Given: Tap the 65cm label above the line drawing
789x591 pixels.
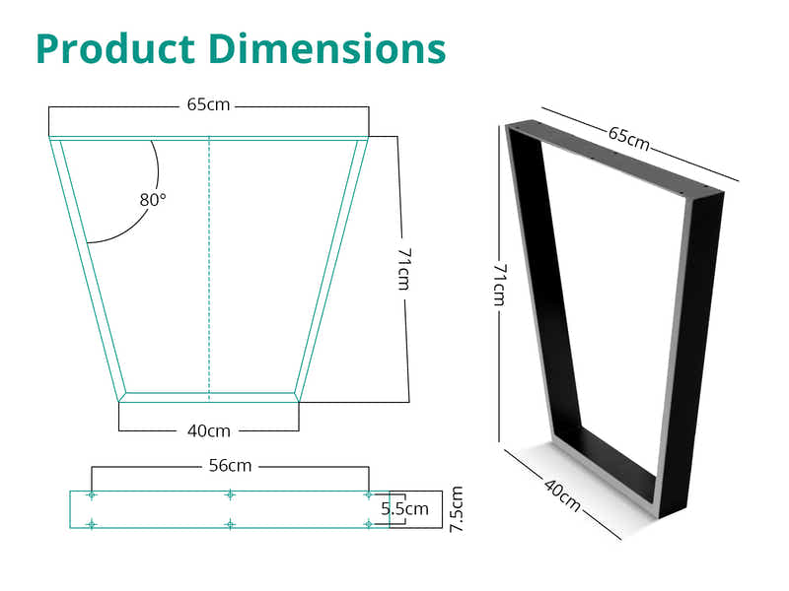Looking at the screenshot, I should tap(208, 104).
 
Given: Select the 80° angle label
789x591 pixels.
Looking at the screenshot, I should tap(153, 199).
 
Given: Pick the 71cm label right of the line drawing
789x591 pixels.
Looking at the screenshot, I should tap(403, 268).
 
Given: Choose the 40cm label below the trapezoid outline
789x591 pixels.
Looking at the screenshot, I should tap(208, 430).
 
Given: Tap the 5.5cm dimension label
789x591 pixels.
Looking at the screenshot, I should tap(405, 509).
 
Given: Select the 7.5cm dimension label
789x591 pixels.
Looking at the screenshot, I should tap(456, 509).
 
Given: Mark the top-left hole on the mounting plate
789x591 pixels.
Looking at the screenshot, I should tap(92, 494).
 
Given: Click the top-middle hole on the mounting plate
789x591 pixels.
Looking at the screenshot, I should tap(229, 494).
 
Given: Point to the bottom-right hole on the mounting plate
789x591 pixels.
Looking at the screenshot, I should tap(367, 524).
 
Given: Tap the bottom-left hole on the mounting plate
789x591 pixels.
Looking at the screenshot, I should tap(92, 524).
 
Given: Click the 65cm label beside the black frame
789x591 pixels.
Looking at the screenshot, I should tap(628, 139).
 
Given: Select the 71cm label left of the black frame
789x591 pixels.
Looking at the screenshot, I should tap(500, 284).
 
